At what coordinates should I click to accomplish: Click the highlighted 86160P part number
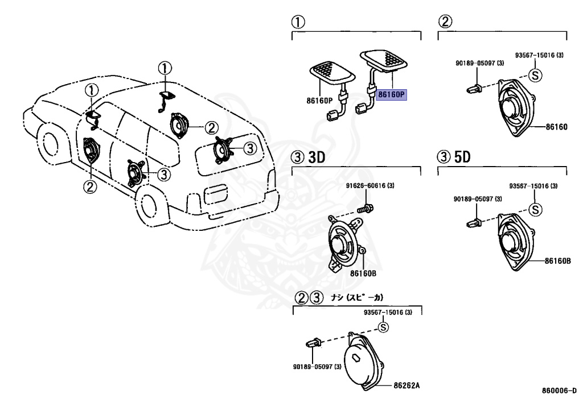(392, 94)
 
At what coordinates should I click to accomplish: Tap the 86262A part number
(407, 385)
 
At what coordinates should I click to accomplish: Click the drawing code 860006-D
(559, 391)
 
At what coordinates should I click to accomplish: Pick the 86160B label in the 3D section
(364, 273)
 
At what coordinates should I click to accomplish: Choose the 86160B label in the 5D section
(557, 261)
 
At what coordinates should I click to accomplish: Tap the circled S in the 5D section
(535, 209)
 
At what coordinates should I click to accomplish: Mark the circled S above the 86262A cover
(383, 327)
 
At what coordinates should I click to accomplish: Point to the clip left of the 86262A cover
(313, 343)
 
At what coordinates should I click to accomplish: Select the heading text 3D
(316, 158)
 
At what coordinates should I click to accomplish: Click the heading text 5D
(462, 158)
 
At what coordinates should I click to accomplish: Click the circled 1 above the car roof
(164, 69)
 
